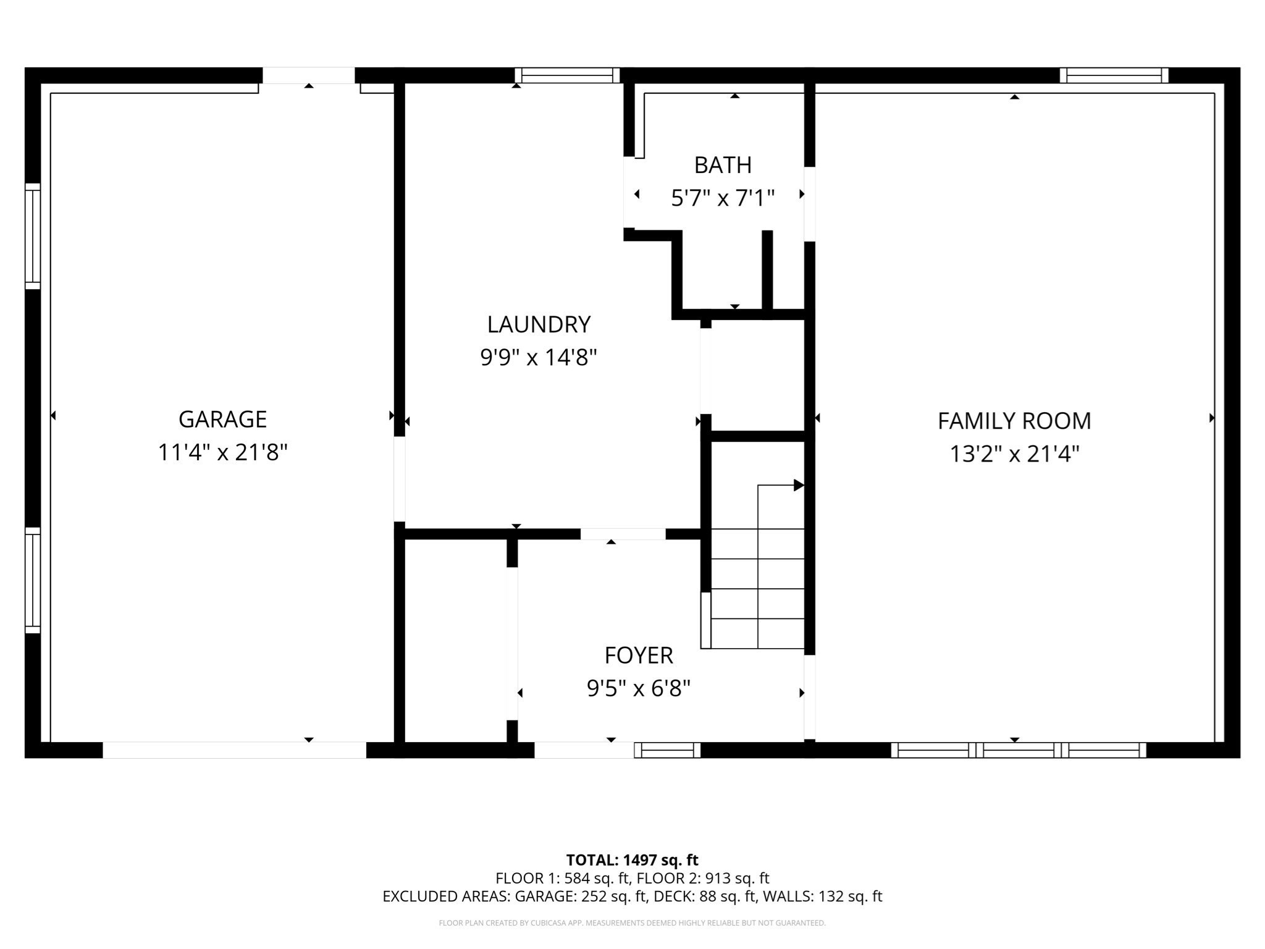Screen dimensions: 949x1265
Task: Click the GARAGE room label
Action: pyautogui.click(x=222, y=420)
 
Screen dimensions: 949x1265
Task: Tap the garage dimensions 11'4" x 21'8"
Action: pyautogui.click(x=222, y=453)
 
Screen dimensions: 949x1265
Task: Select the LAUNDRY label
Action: pyautogui.click(x=539, y=324)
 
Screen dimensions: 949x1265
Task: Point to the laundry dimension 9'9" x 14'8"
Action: pyautogui.click(x=539, y=357)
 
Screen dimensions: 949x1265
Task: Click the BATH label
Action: pyautogui.click(x=723, y=166)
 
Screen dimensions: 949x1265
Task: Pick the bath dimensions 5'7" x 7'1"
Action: pyautogui.click(x=723, y=198)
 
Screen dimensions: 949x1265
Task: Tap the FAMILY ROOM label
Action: pyautogui.click(x=1014, y=421)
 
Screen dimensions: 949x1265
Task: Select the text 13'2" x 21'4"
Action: pyautogui.click(x=1014, y=455)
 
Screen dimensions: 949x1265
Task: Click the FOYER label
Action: pyautogui.click(x=638, y=656)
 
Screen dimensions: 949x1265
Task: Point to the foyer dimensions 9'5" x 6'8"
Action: pyautogui.click(x=638, y=688)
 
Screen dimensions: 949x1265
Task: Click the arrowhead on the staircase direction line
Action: pyautogui.click(x=799, y=485)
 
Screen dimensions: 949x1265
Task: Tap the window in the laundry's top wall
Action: pyautogui.click(x=567, y=75)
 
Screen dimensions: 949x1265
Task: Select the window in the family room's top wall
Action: pyautogui.click(x=1114, y=75)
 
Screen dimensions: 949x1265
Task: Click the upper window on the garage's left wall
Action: pyautogui.click(x=33, y=236)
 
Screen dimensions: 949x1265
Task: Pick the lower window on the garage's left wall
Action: pyautogui.click(x=33, y=580)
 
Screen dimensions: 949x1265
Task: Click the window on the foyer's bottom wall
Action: pyautogui.click(x=667, y=750)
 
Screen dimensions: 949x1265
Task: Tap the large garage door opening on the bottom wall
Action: pyautogui.click(x=234, y=750)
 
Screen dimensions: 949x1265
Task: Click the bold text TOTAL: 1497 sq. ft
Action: pyautogui.click(x=632, y=860)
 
